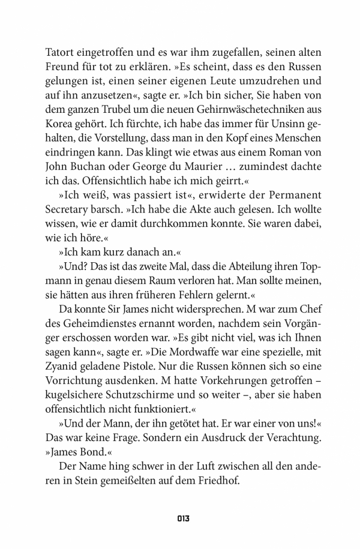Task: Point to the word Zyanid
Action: coord(63,375)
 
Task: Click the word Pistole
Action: coord(152,375)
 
